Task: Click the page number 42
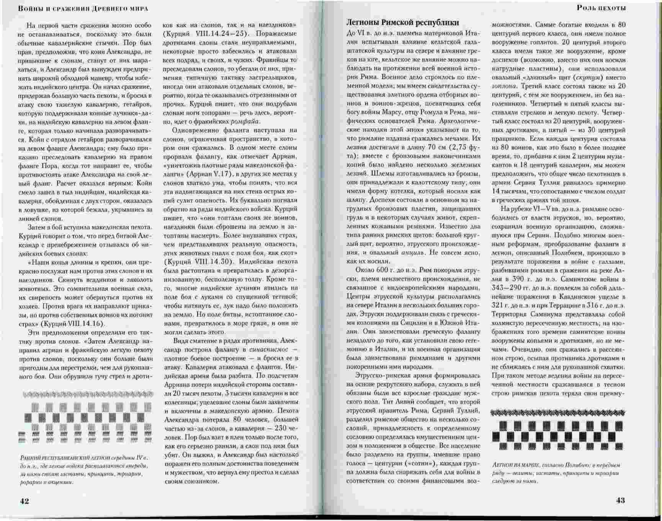(x=24, y=501)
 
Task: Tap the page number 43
(x=620, y=500)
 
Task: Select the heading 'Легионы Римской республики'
(x=402, y=23)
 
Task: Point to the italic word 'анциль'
(x=412, y=253)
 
